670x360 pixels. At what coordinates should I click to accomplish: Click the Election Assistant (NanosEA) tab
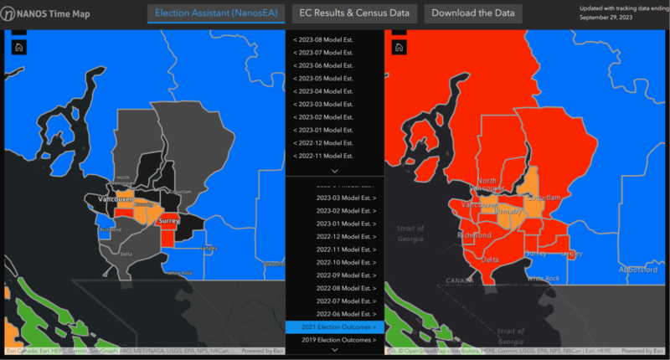tap(217, 13)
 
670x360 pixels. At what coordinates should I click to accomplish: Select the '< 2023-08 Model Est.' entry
tap(323, 40)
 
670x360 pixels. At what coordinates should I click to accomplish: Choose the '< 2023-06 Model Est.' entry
tap(323, 65)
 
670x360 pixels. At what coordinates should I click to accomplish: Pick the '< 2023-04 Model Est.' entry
tap(323, 91)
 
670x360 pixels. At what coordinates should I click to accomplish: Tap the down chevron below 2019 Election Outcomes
tap(334, 351)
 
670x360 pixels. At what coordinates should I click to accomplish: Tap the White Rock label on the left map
tap(179, 274)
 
